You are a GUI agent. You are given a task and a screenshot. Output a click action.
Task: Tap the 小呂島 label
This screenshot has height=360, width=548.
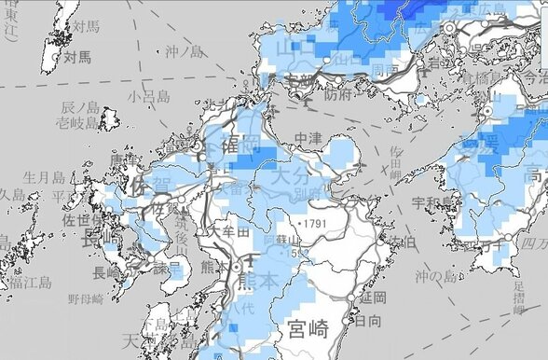pos(149,96)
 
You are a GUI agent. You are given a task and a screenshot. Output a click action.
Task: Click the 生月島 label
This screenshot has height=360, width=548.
pos(43,177)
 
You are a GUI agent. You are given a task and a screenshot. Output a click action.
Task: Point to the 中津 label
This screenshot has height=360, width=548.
pos(308,139)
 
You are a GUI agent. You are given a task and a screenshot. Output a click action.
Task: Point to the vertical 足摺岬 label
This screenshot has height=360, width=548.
pos(518,297)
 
